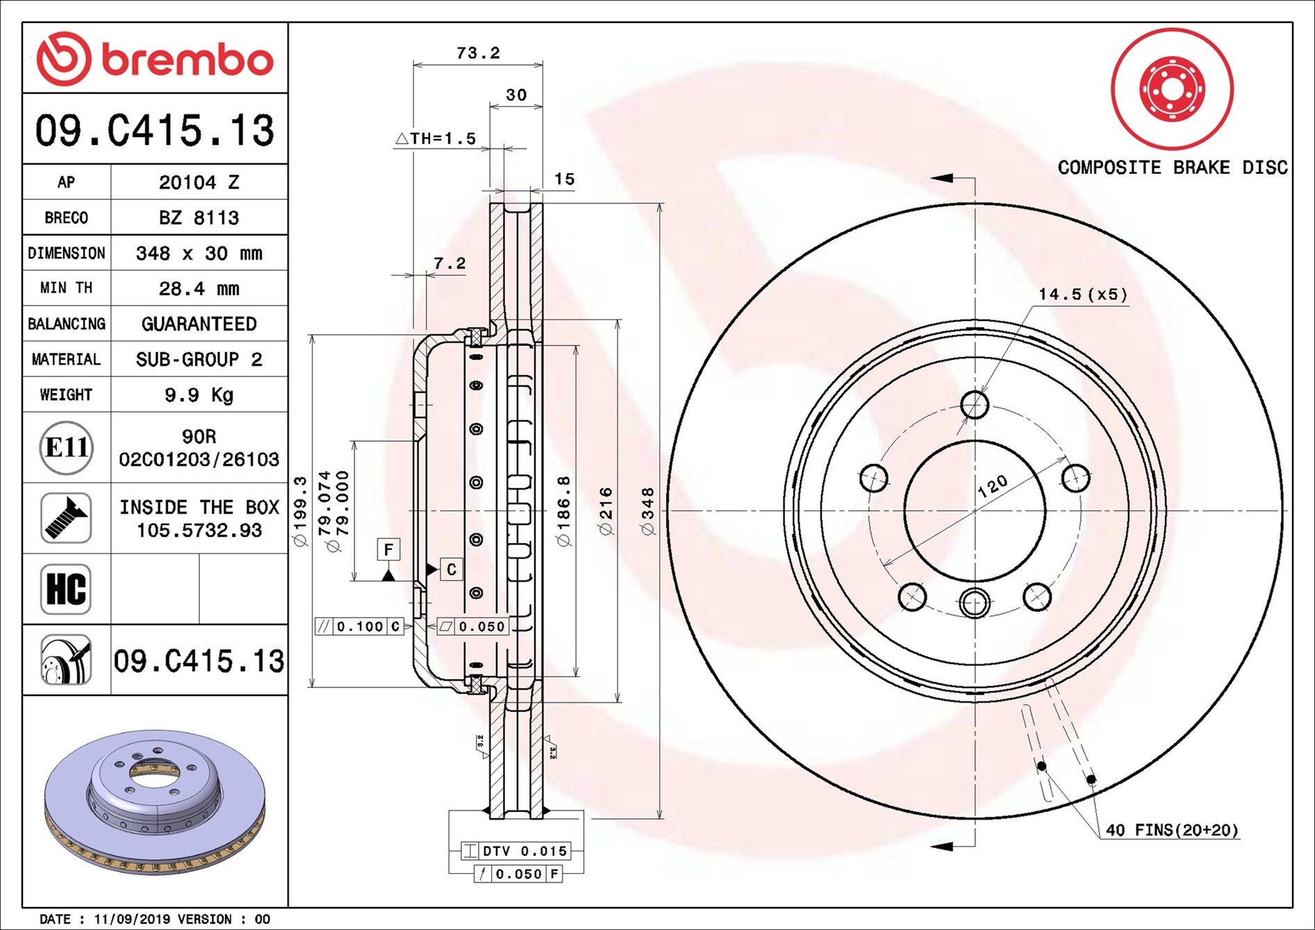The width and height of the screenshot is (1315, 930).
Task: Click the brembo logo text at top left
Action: coord(188,60)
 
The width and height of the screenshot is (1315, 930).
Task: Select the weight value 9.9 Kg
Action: coord(199,395)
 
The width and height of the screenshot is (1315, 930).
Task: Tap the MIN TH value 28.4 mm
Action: coord(199,288)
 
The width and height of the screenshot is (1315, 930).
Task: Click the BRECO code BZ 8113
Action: coord(199,217)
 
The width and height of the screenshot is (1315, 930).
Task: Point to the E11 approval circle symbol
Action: coord(66,447)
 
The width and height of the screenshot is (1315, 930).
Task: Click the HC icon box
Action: coord(66,589)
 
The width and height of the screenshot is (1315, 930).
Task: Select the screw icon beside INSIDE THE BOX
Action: coord(66,518)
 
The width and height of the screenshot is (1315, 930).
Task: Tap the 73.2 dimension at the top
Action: coord(478,53)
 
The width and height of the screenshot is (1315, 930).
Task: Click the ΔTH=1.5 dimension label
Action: coord(436,138)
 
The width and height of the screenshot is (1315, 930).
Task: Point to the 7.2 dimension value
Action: coord(449,263)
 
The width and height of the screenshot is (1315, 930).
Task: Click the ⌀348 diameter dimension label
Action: coord(647,511)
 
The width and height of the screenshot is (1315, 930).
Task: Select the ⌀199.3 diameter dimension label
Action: coord(300,511)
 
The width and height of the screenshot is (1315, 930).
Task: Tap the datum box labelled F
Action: coord(388,549)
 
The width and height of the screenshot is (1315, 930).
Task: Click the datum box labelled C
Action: coord(452,570)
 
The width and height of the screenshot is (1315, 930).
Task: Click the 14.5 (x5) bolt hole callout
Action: coord(1082,294)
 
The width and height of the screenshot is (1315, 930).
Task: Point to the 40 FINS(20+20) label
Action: coord(1172,830)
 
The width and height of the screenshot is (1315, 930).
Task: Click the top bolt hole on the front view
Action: coord(975,404)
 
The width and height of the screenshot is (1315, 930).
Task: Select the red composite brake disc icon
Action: coord(1172,89)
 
